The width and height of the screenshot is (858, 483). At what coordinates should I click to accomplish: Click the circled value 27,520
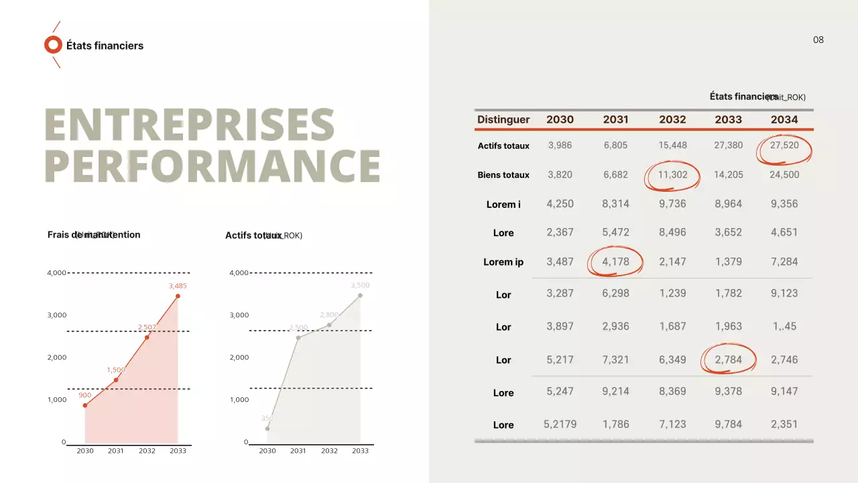(x=784, y=146)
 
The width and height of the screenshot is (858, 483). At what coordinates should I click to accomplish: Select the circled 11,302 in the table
(x=672, y=175)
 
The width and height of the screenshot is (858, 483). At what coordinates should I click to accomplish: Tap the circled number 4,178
(x=615, y=262)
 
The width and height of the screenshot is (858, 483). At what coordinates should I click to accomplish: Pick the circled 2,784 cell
(x=728, y=360)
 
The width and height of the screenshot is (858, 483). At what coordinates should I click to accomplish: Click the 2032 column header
(x=672, y=119)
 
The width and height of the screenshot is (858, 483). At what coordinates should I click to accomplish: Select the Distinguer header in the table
(x=503, y=119)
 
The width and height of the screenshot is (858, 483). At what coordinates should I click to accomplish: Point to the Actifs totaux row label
(x=503, y=146)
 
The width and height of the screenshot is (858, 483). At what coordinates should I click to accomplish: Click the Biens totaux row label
(x=503, y=175)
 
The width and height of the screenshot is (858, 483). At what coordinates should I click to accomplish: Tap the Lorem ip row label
(x=503, y=262)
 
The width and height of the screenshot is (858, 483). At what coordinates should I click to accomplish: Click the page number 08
(x=818, y=40)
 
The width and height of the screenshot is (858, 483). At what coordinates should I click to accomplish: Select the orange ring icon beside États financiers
(x=53, y=45)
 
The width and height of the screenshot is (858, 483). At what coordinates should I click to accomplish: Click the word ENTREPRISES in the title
(x=190, y=125)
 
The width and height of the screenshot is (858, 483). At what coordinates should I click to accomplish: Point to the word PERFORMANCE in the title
(x=212, y=165)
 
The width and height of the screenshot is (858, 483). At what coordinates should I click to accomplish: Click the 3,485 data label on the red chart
(x=178, y=286)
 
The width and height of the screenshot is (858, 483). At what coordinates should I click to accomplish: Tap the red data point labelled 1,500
(x=116, y=380)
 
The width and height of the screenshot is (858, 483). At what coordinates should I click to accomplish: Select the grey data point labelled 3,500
(x=360, y=295)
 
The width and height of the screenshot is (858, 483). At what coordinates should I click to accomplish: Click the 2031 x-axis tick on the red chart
(x=116, y=451)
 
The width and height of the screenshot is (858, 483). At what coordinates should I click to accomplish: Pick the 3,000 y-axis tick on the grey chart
(x=239, y=315)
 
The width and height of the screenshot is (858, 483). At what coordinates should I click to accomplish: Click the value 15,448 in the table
(x=672, y=146)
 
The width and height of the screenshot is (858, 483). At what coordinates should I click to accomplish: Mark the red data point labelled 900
(x=85, y=405)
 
